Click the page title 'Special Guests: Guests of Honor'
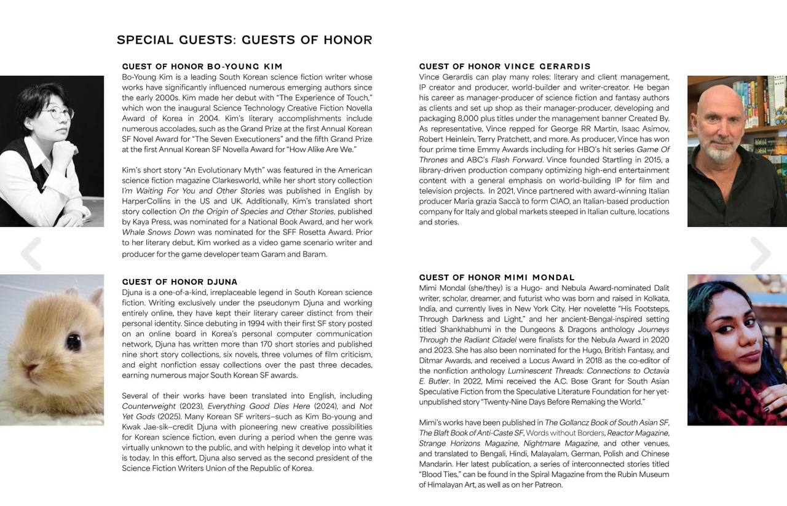click(x=244, y=40)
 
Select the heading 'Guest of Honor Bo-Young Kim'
click(x=202, y=66)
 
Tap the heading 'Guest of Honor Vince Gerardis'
click(x=505, y=66)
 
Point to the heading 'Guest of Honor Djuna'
click(x=180, y=282)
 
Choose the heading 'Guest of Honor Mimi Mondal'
click(x=497, y=277)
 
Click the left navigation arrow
click(x=31, y=253)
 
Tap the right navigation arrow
click(x=760, y=253)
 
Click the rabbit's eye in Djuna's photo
click(x=73, y=341)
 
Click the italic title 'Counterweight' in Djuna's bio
click(x=149, y=406)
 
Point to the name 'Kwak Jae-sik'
click(x=146, y=427)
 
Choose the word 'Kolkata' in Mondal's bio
click(x=655, y=298)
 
